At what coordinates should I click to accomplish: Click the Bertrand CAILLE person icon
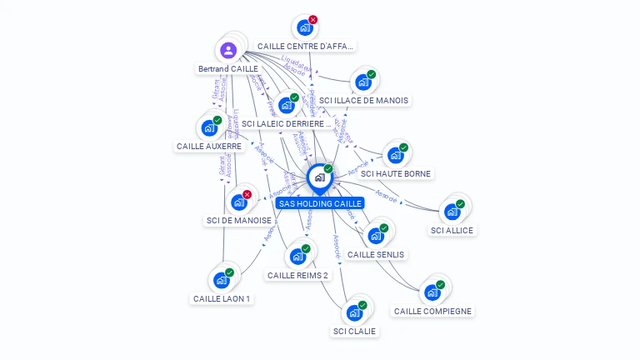coord(229,50)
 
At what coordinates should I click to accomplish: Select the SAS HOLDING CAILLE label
coord(320,203)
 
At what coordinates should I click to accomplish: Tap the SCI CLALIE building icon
coord(354,312)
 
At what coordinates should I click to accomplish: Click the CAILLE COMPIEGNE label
coord(432,312)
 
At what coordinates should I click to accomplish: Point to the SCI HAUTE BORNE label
coord(396,173)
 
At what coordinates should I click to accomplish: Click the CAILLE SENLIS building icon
coord(376,236)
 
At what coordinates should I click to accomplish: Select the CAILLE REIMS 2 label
coord(297,275)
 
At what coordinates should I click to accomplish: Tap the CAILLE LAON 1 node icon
coord(221,280)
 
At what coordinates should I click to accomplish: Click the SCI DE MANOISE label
coord(238,221)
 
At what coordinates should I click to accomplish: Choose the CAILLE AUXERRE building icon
coord(209,128)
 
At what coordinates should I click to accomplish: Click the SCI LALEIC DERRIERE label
coord(286,123)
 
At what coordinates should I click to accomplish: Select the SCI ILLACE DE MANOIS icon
coord(362,82)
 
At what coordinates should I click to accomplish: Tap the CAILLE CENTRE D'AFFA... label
coord(306,47)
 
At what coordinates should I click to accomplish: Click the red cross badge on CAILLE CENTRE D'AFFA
coord(313,19)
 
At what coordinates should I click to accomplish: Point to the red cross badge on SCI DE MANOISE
coord(247,194)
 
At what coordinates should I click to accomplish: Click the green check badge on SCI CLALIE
coord(362,305)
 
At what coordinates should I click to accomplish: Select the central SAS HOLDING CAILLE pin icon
coord(319,177)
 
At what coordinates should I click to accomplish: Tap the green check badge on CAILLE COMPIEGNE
coord(441,285)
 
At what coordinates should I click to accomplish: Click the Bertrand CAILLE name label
coord(228,68)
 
